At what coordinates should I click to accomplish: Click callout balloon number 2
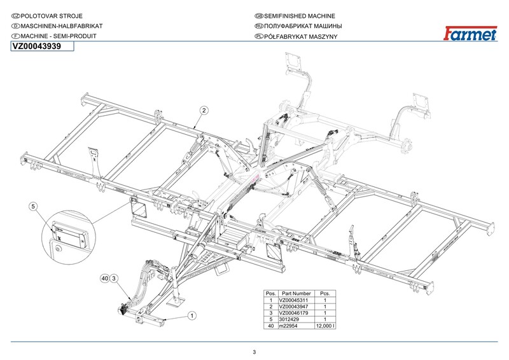(204, 109)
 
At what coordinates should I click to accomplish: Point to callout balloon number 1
(192, 314)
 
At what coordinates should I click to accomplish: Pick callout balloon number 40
(104, 279)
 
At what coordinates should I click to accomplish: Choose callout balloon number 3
(113, 279)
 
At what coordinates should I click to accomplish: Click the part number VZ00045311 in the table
(296, 300)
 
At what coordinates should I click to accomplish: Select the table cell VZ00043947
(296, 307)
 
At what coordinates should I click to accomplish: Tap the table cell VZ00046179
(296, 313)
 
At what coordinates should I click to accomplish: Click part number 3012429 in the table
(296, 319)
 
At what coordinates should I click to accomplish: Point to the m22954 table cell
(296, 326)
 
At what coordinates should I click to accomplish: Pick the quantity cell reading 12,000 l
(325, 326)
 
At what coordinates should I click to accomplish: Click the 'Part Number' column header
(296, 293)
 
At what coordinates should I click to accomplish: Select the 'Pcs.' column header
(325, 293)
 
